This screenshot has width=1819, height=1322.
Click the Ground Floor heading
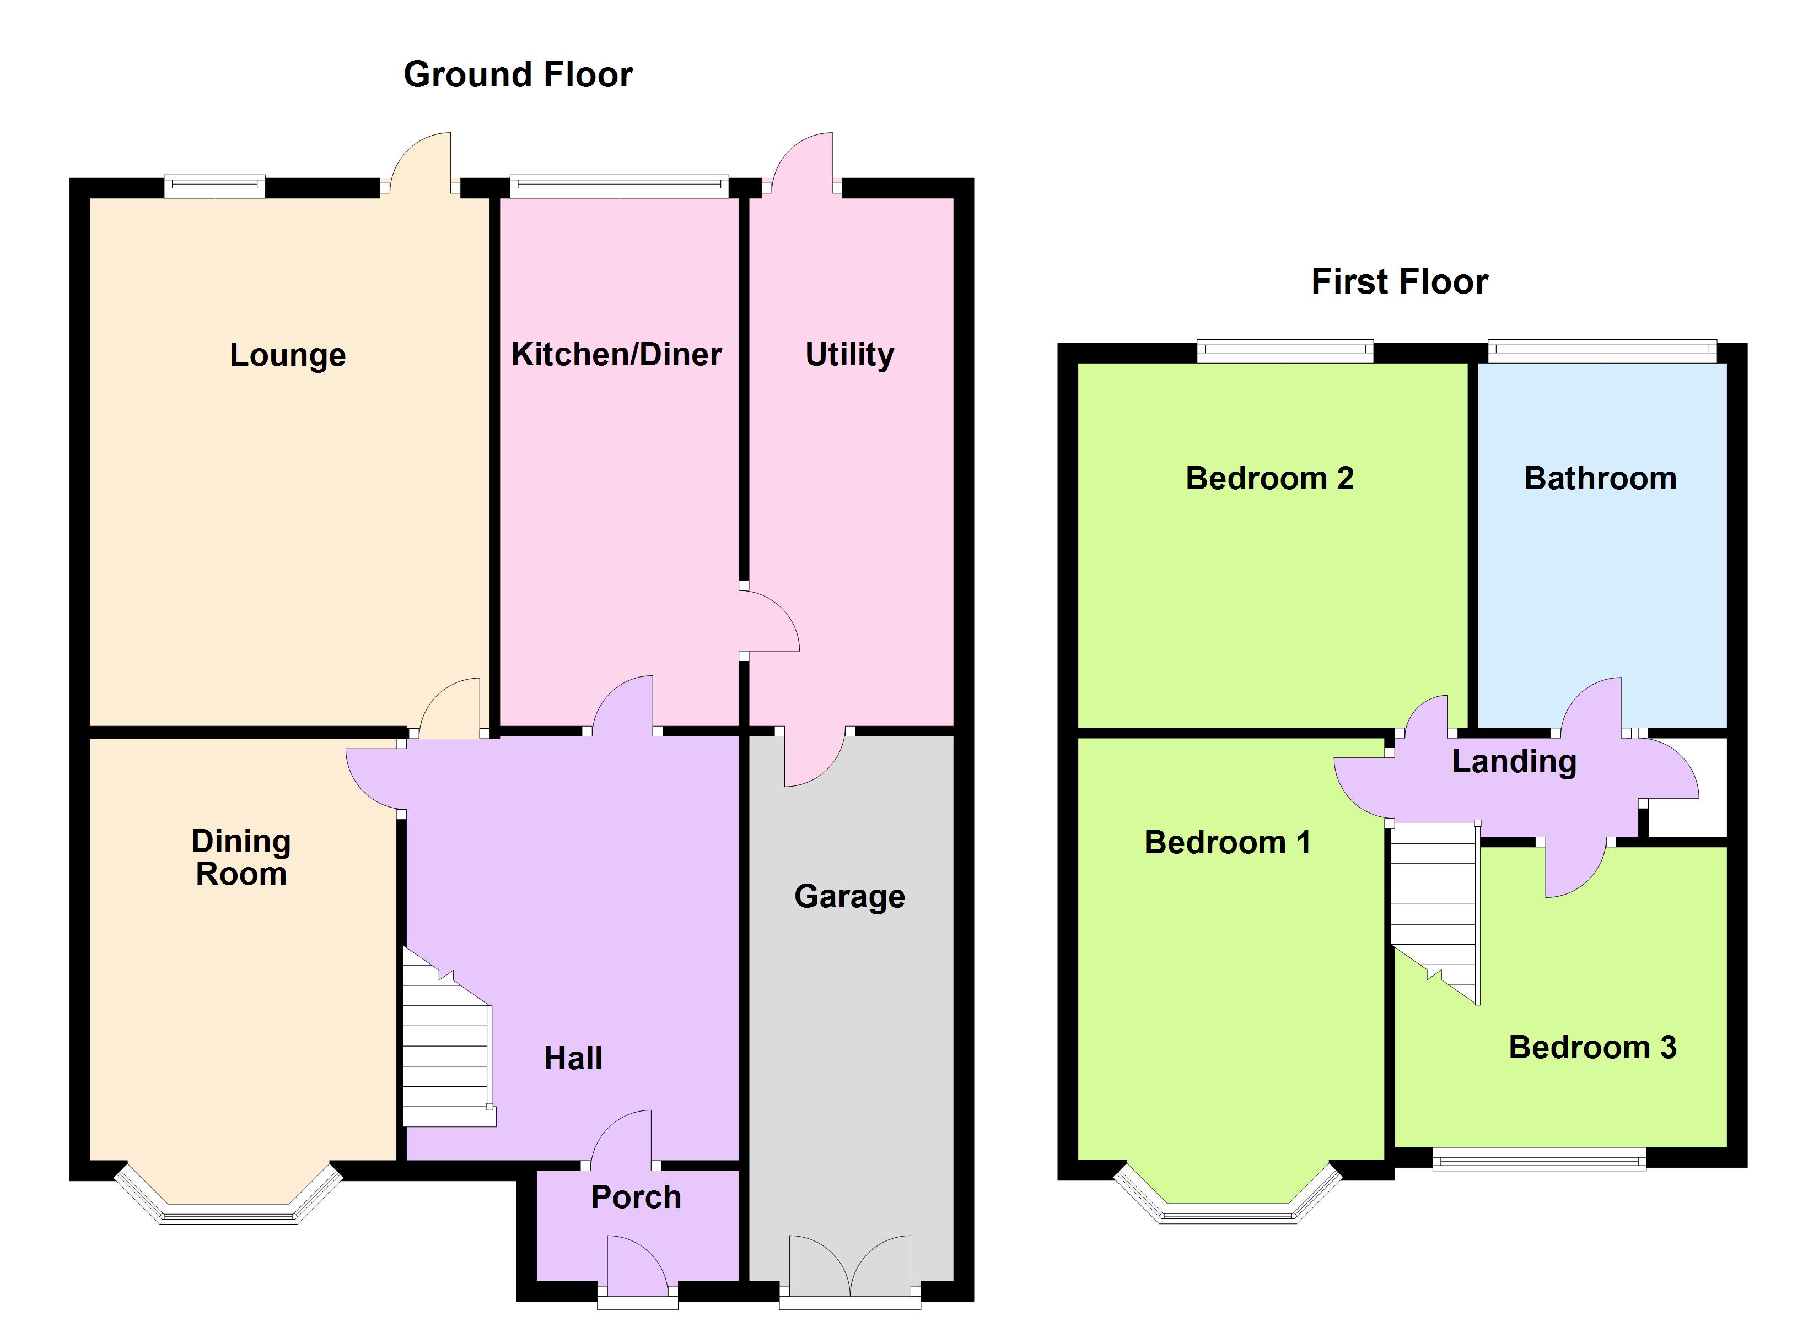[518, 74]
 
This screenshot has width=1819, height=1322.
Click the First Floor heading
[1400, 282]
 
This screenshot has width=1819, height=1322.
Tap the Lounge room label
[288, 356]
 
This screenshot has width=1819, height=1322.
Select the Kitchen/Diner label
[616, 354]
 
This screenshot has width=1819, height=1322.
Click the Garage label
[849, 896]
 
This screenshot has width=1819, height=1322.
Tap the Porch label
[636, 1197]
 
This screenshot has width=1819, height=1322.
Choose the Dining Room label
[241, 857]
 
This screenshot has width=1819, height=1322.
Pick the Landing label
[1514, 762]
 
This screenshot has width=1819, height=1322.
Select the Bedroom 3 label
[1593, 1047]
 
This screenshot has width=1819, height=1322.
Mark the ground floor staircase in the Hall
[448, 1038]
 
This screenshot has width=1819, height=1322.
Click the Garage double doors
[850, 1273]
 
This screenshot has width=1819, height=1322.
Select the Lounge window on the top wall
[215, 186]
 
